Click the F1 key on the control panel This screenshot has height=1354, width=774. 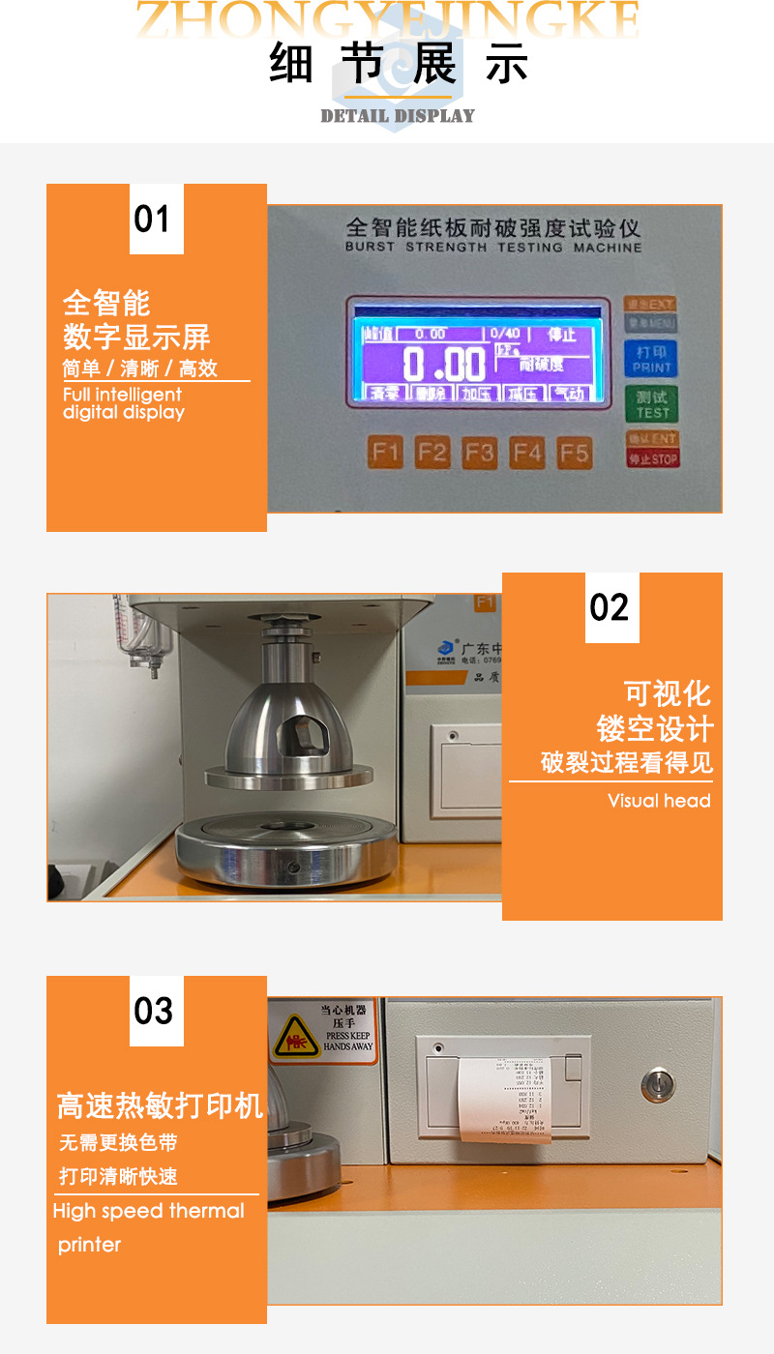click(385, 452)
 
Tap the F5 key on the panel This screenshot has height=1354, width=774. click(574, 452)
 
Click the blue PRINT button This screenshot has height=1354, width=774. click(652, 357)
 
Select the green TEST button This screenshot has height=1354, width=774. click(652, 403)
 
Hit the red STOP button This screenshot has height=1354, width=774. click(652, 458)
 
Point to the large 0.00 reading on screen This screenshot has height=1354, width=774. click(444, 365)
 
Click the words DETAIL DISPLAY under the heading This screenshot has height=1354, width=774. click(398, 116)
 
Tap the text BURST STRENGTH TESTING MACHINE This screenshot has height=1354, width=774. click(493, 248)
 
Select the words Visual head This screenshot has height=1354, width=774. click(659, 801)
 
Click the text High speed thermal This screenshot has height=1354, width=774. click(149, 1211)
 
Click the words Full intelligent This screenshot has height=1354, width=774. click(122, 395)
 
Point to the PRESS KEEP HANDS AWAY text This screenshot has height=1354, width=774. click(347, 1041)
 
